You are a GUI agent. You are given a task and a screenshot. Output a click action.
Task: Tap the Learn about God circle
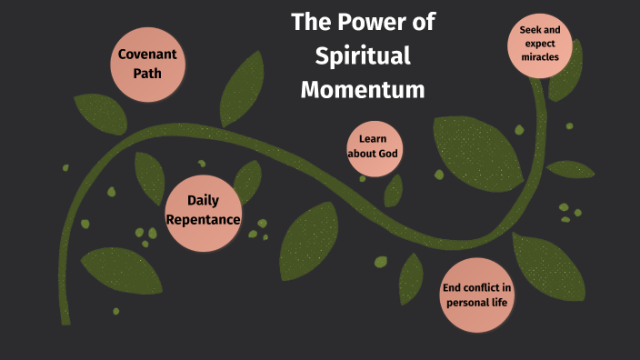374,146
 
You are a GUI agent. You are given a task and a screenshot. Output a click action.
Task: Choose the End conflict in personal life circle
476,295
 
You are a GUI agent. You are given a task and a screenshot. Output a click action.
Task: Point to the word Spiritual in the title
363,55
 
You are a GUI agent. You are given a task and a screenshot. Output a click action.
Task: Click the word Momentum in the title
363,89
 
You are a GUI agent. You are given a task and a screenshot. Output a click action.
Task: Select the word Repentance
204,220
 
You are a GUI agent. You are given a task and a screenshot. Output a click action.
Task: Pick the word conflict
479,288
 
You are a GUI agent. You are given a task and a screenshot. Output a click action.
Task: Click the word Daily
204,201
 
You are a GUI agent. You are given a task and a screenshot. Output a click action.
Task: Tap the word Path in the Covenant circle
147,72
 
